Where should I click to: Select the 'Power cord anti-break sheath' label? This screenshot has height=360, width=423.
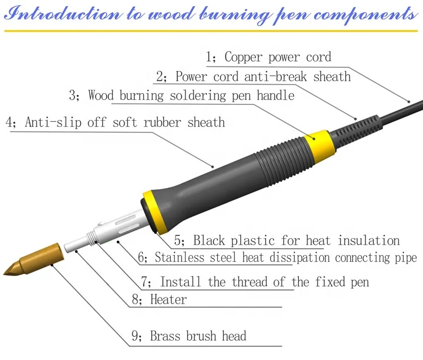click(x=262, y=76)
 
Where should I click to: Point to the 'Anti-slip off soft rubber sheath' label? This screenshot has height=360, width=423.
click(x=124, y=122)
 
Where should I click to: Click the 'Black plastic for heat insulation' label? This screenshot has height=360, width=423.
click(x=296, y=240)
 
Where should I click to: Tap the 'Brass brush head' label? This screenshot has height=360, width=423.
click(x=197, y=337)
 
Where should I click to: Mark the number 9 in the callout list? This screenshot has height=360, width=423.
click(x=136, y=337)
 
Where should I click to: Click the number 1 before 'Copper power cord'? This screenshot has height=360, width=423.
click(x=210, y=57)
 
